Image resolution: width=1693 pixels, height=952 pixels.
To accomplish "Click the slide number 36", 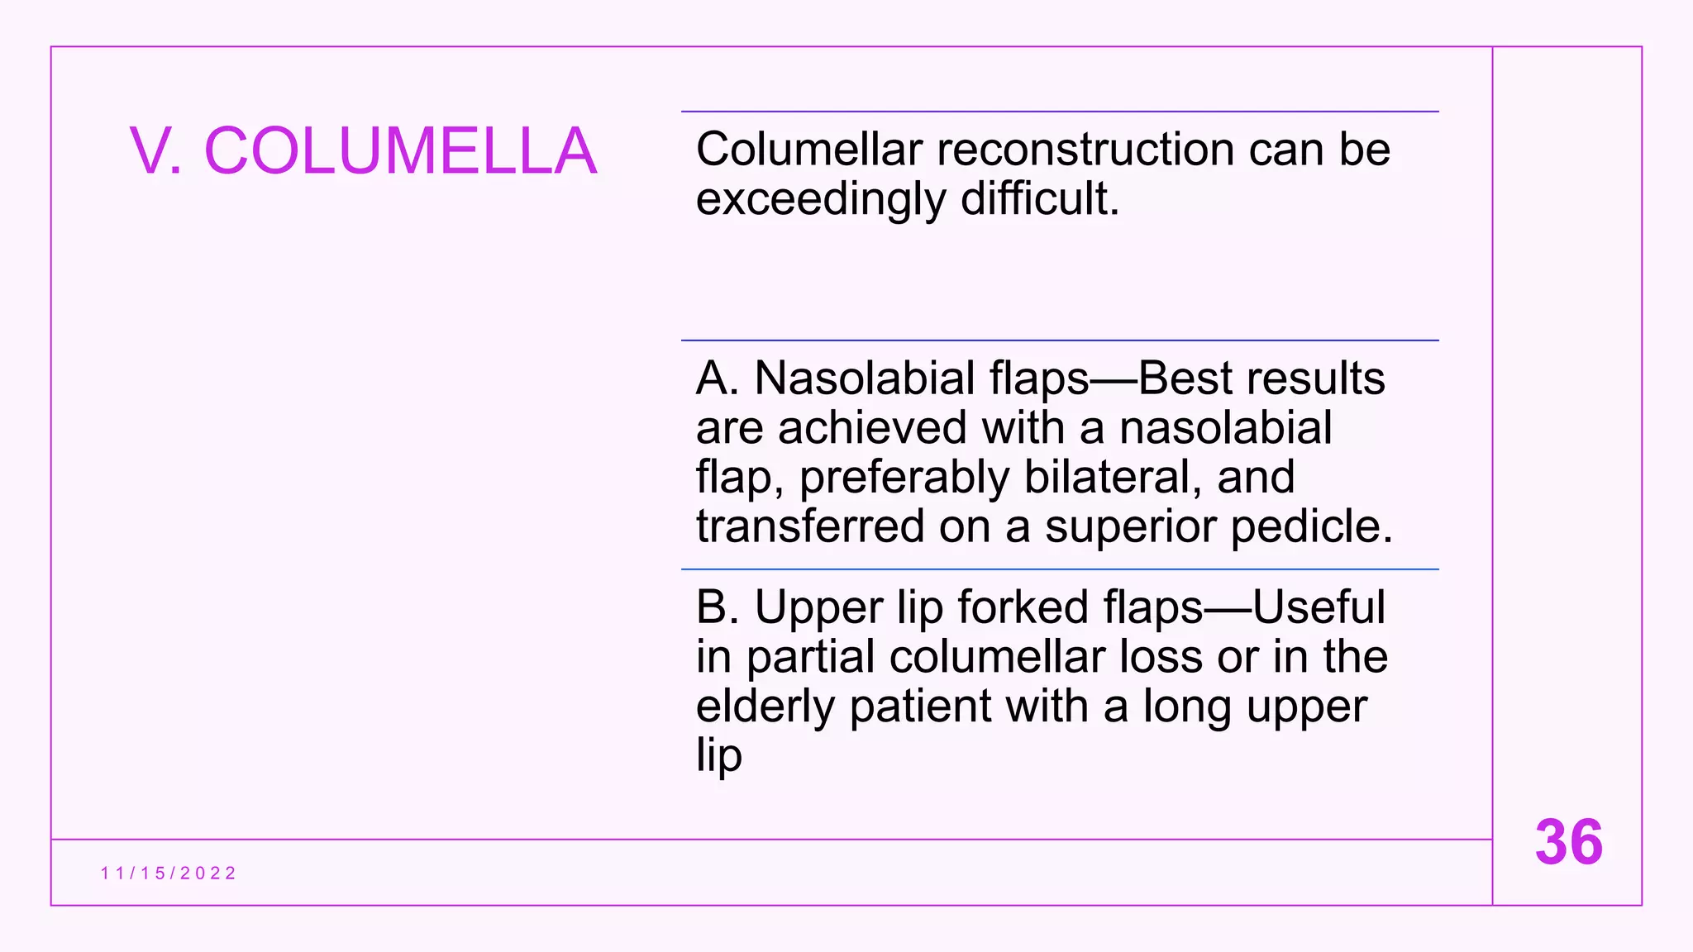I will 1568,842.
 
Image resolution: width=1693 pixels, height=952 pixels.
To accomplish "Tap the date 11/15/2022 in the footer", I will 169,873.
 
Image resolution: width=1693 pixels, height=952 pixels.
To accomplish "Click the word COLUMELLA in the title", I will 400,151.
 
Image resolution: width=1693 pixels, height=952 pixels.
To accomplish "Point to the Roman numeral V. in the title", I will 155,151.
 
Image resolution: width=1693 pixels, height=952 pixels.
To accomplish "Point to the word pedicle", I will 1311,526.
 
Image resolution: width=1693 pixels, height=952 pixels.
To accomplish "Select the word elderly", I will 765,707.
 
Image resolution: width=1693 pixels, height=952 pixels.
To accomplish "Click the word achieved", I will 871,428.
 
